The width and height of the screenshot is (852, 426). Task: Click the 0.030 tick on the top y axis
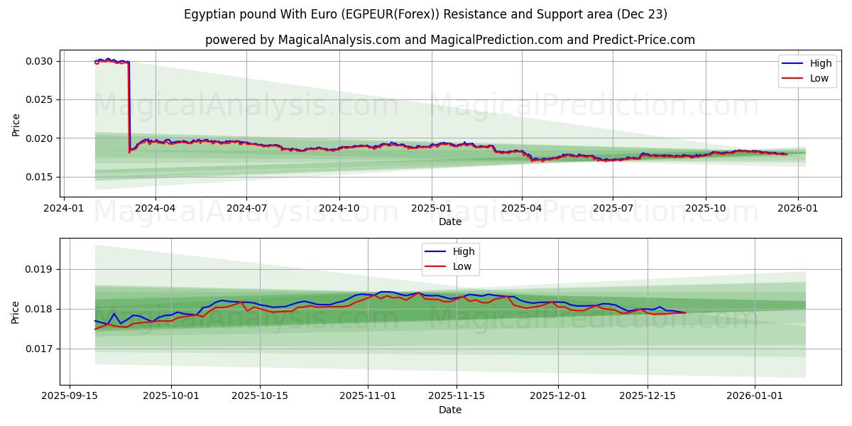point(39,61)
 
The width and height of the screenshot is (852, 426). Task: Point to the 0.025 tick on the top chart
point(39,99)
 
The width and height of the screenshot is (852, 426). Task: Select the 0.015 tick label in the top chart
point(39,177)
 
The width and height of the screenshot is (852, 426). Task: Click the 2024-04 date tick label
point(155,208)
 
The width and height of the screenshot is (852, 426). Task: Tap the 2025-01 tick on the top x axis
point(431,208)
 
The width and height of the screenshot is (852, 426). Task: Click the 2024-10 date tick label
point(339,208)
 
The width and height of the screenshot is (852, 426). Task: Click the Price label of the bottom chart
point(16,312)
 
